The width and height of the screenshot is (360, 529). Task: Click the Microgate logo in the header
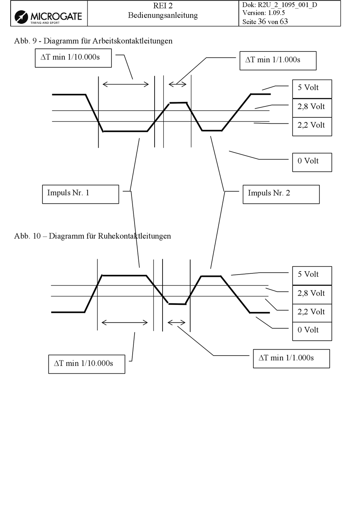48,17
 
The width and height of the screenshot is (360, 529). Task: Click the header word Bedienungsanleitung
163,16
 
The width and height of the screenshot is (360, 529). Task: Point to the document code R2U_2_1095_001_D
287,5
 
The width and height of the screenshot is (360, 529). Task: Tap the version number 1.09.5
276,12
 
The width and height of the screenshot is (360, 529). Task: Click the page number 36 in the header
262,22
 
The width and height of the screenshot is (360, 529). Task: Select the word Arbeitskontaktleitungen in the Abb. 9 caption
132,41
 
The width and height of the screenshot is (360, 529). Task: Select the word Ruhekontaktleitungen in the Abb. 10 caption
134,236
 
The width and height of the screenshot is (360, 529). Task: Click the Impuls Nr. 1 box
81,194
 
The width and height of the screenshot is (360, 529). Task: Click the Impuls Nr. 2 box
281,194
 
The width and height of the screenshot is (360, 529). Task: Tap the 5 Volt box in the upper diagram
312,89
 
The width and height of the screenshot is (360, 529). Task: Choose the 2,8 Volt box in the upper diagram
312,108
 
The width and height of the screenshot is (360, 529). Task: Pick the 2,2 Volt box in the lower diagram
312,313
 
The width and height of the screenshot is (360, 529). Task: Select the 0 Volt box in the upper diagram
312,162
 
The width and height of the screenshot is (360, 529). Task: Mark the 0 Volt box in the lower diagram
312,331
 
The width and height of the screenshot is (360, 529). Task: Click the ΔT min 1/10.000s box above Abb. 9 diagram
73,58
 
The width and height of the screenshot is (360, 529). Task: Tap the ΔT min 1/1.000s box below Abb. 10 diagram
291,359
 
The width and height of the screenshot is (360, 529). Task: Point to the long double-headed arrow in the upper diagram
125,84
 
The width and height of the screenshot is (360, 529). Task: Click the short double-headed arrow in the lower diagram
176,322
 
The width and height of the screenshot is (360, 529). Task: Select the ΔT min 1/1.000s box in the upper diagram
278,61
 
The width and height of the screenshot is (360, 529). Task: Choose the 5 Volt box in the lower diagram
312,276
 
